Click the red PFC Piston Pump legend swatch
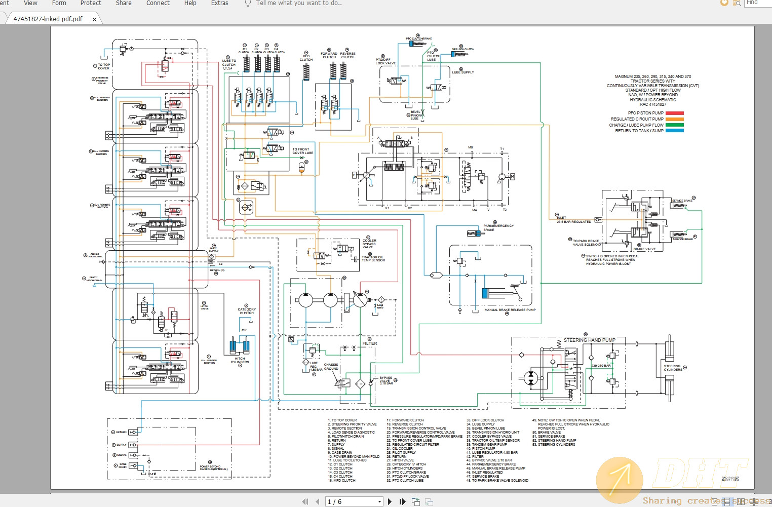click(x=674, y=113)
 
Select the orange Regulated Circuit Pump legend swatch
click(x=674, y=119)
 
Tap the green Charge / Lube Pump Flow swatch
click(x=674, y=125)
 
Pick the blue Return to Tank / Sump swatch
click(x=674, y=131)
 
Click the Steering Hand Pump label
click(x=589, y=340)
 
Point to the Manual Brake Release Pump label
click(x=510, y=310)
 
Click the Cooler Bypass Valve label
click(x=369, y=244)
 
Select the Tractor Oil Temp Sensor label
click(x=373, y=259)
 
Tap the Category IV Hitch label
click(x=247, y=311)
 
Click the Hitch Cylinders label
click(x=240, y=360)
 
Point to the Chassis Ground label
click(x=331, y=367)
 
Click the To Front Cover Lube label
click(x=302, y=151)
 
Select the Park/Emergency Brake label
click(x=498, y=228)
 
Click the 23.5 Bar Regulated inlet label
click(x=574, y=221)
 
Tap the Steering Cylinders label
click(x=673, y=368)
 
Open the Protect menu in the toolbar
click(x=91, y=3)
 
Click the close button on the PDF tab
click(x=95, y=19)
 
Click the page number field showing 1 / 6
click(x=353, y=501)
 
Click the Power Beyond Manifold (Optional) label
click(x=214, y=468)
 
